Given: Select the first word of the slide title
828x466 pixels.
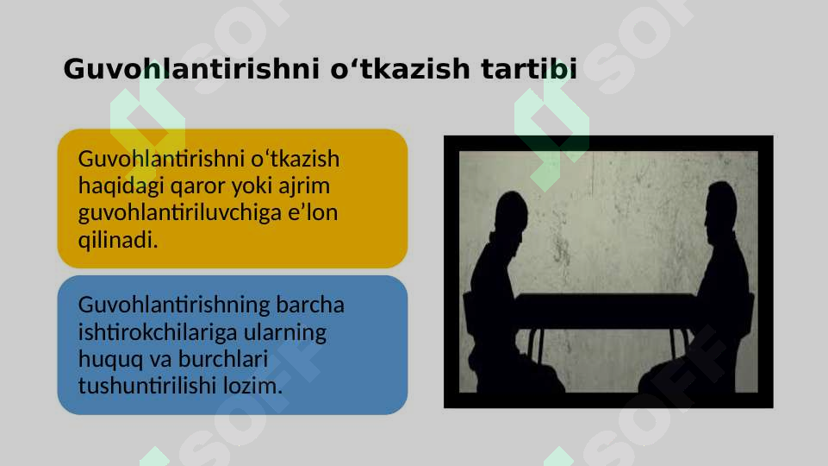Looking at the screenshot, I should pos(193,69).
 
